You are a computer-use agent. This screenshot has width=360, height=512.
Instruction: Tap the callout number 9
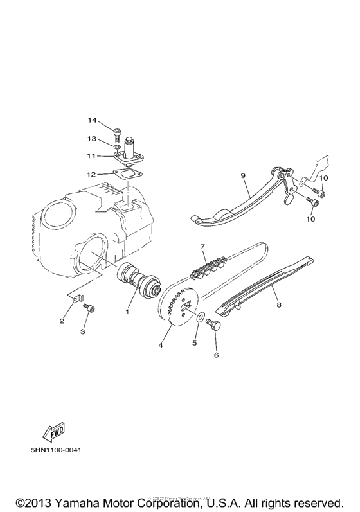click(244, 175)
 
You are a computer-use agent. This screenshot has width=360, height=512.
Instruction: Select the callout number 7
click(202, 246)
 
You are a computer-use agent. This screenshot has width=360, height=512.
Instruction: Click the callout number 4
click(161, 346)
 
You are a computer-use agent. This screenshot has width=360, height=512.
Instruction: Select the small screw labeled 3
click(90, 309)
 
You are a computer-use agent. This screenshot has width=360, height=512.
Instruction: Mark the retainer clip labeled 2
click(77, 297)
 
